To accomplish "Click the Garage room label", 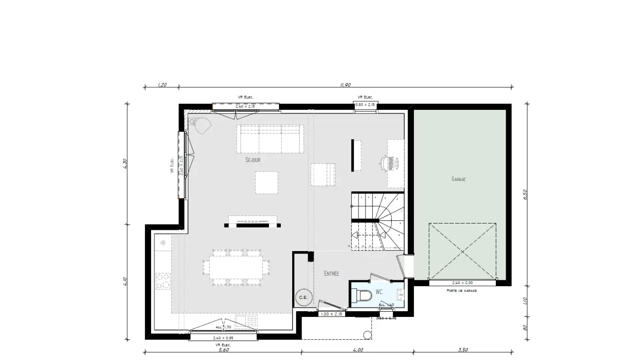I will [458, 179].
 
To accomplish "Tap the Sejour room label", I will [253, 160].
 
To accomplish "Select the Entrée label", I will [331, 274].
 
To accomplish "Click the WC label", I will [379, 291].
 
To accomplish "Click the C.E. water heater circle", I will [303, 297].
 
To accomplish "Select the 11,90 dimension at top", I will [345, 85].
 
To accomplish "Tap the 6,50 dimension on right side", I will [525, 195].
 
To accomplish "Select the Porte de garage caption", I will [461, 290].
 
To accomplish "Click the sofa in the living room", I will [270, 139].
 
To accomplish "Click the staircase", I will [377, 221].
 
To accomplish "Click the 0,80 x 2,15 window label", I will [366, 104].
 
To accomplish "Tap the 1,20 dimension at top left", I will [162, 85].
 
